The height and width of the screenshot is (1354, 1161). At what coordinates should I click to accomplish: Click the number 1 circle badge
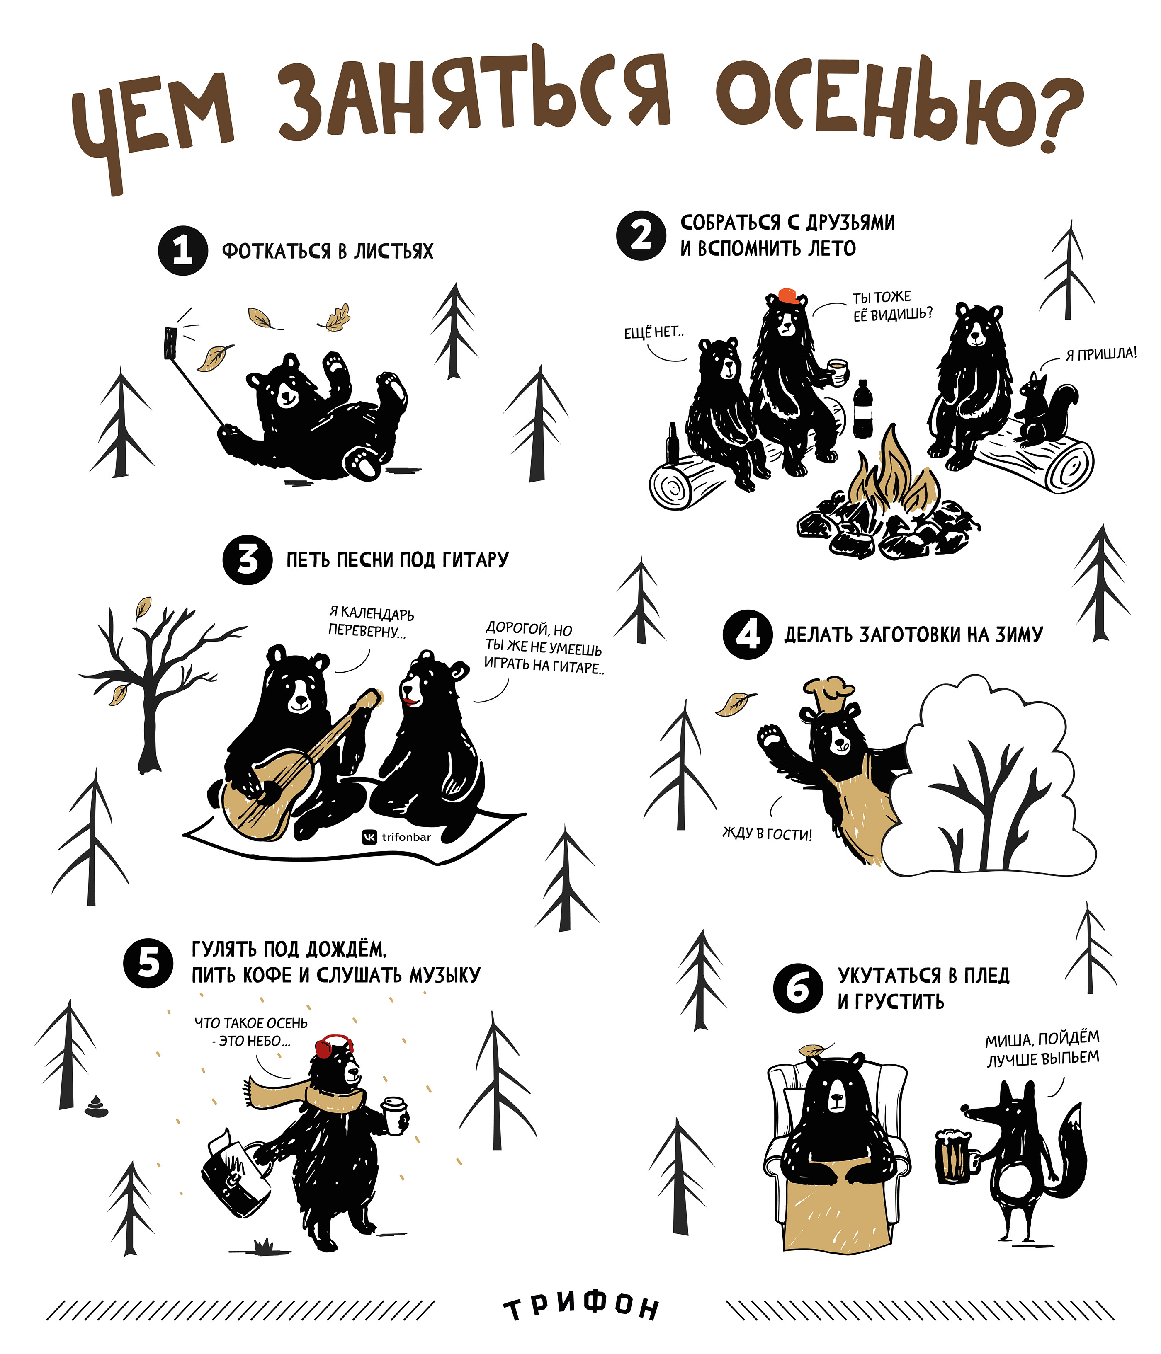(183, 250)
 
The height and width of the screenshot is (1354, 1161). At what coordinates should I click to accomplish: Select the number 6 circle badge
(797, 988)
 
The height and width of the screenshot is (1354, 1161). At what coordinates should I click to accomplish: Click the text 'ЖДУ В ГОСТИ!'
(767, 834)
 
